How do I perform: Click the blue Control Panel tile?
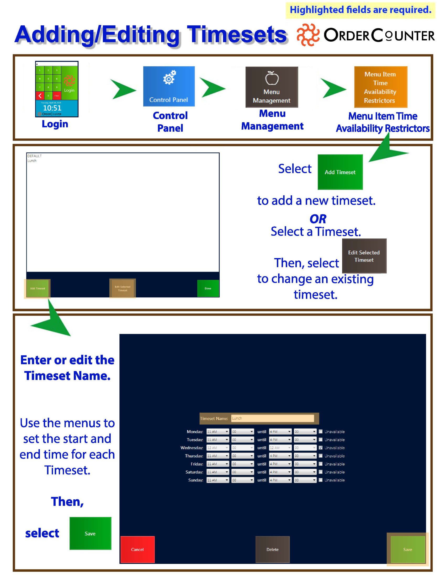tap(169, 86)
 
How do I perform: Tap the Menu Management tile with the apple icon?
tap(272, 87)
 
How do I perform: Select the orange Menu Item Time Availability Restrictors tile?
tap(380, 87)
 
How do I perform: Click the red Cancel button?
tap(137, 549)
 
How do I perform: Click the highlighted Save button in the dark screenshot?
tap(407, 549)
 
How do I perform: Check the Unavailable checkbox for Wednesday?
tap(321, 447)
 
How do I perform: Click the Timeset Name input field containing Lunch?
tap(272, 418)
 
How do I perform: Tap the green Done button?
tap(208, 288)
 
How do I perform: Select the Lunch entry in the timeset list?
tap(32, 161)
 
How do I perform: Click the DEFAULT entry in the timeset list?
tap(34, 156)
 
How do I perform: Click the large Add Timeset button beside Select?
tap(340, 172)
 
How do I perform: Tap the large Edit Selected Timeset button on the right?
tap(364, 256)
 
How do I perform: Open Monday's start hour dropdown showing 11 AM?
tap(217, 431)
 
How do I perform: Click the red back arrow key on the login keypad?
tap(40, 96)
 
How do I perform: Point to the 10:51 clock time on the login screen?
tap(52, 108)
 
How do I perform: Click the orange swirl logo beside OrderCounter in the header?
tap(307, 35)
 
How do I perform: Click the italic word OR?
tap(318, 219)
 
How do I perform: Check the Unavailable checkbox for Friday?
tap(321, 464)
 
